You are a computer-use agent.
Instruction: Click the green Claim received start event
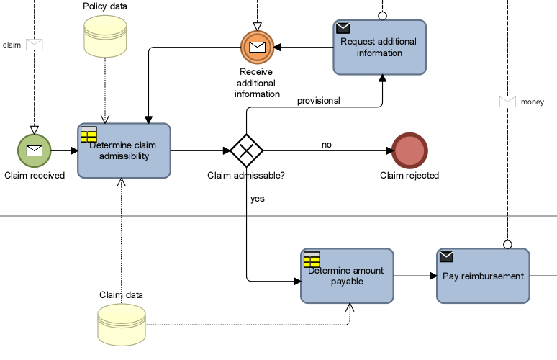[x=35, y=150]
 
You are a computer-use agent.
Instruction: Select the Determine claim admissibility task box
[x=124, y=150]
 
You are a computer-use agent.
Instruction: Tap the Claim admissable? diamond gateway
[x=247, y=150]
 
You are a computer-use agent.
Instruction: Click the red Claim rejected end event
[x=410, y=150]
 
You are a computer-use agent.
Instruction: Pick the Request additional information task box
[x=379, y=48]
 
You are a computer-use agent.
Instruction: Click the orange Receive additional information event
[x=257, y=48]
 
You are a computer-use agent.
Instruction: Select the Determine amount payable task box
[x=347, y=276]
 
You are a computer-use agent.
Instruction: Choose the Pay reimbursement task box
[x=483, y=276]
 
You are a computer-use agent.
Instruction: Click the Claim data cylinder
[x=121, y=323]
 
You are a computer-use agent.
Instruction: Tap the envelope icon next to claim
[x=35, y=45]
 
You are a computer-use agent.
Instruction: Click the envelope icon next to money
[x=508, y=102]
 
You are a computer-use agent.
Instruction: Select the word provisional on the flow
[x=319, y=101]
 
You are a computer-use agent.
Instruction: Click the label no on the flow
[x=326, y=145]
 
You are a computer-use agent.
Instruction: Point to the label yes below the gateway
[x=257, y=199]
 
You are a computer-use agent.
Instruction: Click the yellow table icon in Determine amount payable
[x=312, y=259]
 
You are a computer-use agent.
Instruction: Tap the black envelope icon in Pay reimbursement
[x=447, y=257]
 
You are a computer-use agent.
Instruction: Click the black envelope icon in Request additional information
[x=343, y=28]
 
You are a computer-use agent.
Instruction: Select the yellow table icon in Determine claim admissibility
[x=89, y=134]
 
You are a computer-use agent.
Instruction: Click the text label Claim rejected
[x=409, y=176]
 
